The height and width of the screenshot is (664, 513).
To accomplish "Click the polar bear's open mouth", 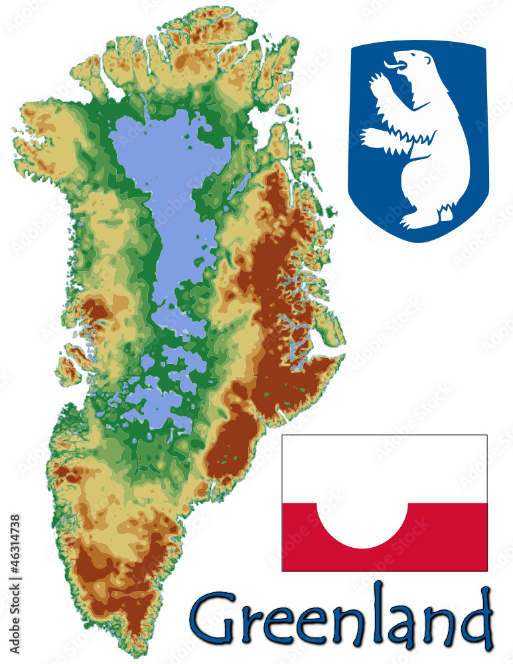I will coord(396,66).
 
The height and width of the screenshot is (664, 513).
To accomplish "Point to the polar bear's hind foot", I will coord(443,214).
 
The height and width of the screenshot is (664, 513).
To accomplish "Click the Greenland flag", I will coord(384,503).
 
